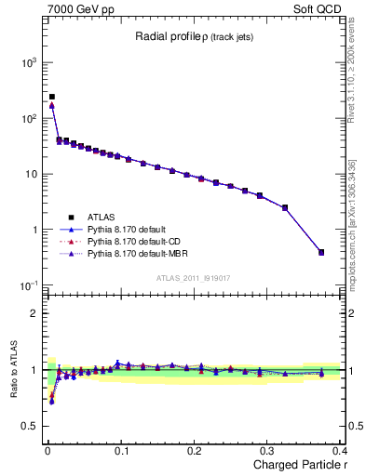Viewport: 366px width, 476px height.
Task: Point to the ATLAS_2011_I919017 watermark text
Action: coord(193,278)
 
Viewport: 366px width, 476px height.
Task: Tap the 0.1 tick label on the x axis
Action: coord(121,451)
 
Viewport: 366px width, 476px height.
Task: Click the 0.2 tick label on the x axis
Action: coord(195,451)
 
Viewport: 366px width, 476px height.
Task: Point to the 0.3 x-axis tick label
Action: coord(268,451)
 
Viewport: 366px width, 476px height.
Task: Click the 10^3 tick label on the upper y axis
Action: coord(27,62)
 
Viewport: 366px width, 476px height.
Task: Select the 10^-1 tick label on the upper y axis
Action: coord(27,285)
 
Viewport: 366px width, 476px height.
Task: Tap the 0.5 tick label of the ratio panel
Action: coord(30,426)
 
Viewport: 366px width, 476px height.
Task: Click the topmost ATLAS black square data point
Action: coord(52,97)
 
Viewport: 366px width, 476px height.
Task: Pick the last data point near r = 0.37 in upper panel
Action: coord(321,252)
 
